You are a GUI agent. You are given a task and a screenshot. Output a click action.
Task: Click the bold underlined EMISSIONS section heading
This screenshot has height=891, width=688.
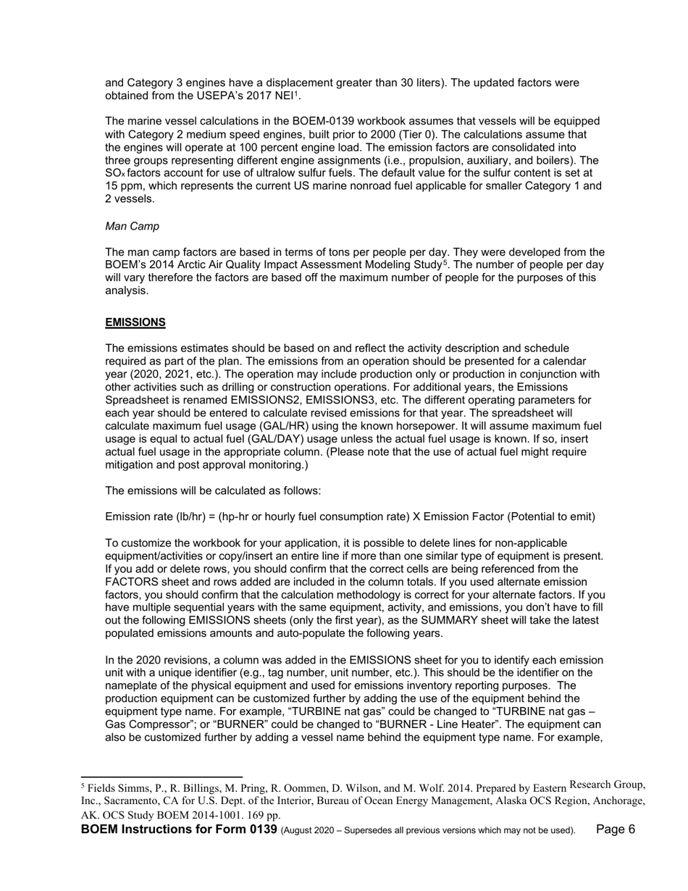tap(135, 322)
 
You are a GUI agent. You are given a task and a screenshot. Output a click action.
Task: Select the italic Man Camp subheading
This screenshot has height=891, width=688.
tap(133, 226)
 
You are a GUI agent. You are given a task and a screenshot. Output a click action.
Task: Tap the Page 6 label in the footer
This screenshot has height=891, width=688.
tap(616, 829)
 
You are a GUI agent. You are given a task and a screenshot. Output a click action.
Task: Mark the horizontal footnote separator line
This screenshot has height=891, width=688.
tap(161, 777)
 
